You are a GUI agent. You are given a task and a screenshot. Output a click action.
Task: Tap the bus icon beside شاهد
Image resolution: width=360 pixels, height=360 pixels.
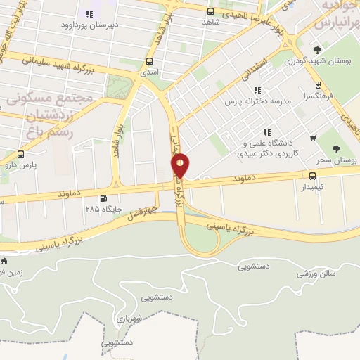point(210,11)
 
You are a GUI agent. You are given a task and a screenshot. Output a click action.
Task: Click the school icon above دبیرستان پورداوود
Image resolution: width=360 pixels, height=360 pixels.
point(89,14)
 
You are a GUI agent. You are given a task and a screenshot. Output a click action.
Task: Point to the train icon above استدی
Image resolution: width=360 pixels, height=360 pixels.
point(149,61)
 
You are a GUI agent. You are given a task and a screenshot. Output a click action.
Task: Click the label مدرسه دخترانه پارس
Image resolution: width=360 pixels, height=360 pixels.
point(257,101)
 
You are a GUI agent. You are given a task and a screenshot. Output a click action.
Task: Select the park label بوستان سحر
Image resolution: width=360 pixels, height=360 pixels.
point(342,160)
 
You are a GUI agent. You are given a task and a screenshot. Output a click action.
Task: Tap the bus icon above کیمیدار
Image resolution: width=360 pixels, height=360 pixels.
point(313,176)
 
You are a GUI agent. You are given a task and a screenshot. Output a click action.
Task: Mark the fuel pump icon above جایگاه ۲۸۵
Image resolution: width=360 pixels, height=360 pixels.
point(104,198)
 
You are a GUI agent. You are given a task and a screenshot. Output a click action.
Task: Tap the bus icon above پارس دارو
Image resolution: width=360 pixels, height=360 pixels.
point(20,154)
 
